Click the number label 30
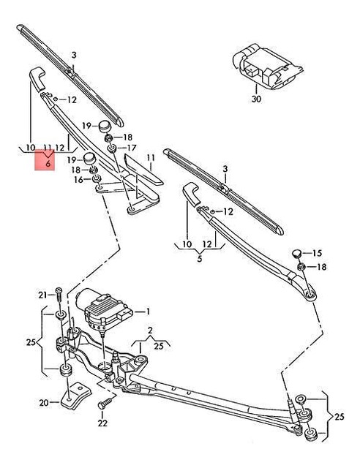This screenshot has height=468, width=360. point(255,98)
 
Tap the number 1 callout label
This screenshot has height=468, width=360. point(147,311)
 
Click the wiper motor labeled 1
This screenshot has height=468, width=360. point(107,310)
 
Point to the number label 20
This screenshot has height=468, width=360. point(43,403)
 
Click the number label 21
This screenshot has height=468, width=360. point(42,295)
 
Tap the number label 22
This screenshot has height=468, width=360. point(102,423)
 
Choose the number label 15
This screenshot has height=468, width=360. point(317,253)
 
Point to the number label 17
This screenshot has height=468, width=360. point(132,148)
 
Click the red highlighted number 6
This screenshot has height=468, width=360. point(48,165)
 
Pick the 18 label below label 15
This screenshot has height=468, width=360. point(323,267)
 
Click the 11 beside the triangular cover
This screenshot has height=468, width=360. point(151,158)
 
